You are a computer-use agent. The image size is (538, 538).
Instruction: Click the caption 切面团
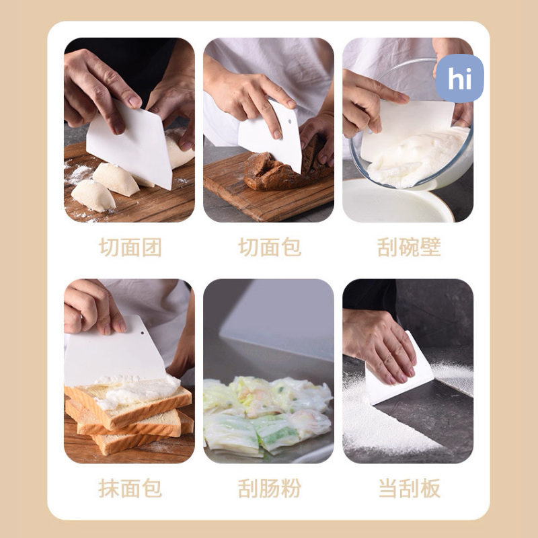click(130, 247)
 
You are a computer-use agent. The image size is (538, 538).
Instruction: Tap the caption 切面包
click(270, 247)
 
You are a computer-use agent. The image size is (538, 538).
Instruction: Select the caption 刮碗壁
click(409, 247)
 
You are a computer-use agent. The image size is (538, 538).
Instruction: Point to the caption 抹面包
click(130, 488)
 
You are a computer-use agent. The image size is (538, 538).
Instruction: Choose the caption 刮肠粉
click(270, 488)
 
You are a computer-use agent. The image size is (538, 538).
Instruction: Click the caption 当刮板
click(409, 488)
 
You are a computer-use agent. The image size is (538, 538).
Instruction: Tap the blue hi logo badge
click(460, 78)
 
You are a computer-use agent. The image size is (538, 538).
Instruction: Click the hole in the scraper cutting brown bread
click(290, 122)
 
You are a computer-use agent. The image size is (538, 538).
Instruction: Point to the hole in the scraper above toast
click(142, 332)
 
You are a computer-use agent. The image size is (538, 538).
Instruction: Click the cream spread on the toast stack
click(137, 391)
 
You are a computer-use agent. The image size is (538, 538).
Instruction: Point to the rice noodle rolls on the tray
click(268, 415)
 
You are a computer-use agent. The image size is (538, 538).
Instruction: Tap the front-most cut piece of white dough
click(93, 196)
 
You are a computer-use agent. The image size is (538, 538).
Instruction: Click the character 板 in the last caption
click(430, 488)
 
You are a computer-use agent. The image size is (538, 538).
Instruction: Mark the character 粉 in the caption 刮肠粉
click(291, 488)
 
